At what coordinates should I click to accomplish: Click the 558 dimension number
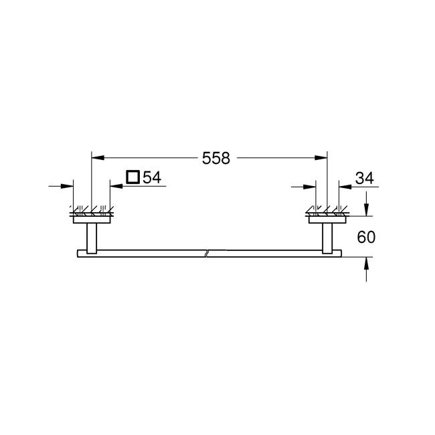(x=216, y=158)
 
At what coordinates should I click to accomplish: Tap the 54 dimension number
(x=152, y=177)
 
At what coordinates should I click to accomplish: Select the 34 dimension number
(x=365, y=178)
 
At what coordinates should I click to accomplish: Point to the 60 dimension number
(x=366, y=237)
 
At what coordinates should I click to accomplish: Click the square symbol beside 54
(x=133, y=177)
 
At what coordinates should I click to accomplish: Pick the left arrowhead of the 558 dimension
(x=98, y=158)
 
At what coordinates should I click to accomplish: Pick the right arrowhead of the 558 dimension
(x=321, y=158)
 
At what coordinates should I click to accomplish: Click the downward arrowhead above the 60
(x=367, y=209)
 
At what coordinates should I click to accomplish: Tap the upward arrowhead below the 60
(x=367, y=263)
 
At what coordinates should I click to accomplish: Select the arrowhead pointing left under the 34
(x=345, y=187)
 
